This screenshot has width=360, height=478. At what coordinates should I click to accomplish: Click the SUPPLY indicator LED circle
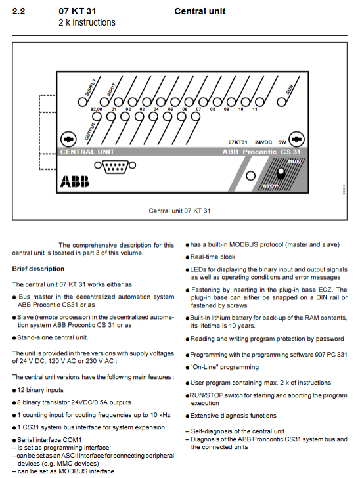(82, 102)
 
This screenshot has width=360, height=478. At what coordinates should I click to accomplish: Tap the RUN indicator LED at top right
(281, 102)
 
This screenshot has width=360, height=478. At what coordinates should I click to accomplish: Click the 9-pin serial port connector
(115, 167)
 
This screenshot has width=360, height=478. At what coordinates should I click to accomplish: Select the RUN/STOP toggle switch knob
(281, 173)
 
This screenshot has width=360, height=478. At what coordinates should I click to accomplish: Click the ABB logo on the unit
(74, 181)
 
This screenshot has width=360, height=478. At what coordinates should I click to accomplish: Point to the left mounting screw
(68, 139)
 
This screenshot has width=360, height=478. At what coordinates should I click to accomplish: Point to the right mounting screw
(296, 139)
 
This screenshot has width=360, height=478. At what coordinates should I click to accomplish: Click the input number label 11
(255, 110)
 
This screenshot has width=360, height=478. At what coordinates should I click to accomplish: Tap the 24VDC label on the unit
(263, 142)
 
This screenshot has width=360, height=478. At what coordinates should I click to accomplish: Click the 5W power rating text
(282, 142)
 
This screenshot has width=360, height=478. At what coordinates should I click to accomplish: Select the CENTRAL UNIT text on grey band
(87, 152)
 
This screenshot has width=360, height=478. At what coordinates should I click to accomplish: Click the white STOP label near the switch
(270, 186)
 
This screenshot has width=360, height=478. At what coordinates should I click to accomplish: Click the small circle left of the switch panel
(250, 176)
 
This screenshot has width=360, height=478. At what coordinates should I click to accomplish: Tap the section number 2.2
(18, 12)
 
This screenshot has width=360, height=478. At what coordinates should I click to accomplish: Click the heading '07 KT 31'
(77, 12)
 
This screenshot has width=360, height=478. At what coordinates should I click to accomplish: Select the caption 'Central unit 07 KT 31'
(179, 211)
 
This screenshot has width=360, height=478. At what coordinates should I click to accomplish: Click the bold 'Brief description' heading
(38, 269)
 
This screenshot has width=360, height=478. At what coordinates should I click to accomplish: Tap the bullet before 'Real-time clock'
(187, 257)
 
